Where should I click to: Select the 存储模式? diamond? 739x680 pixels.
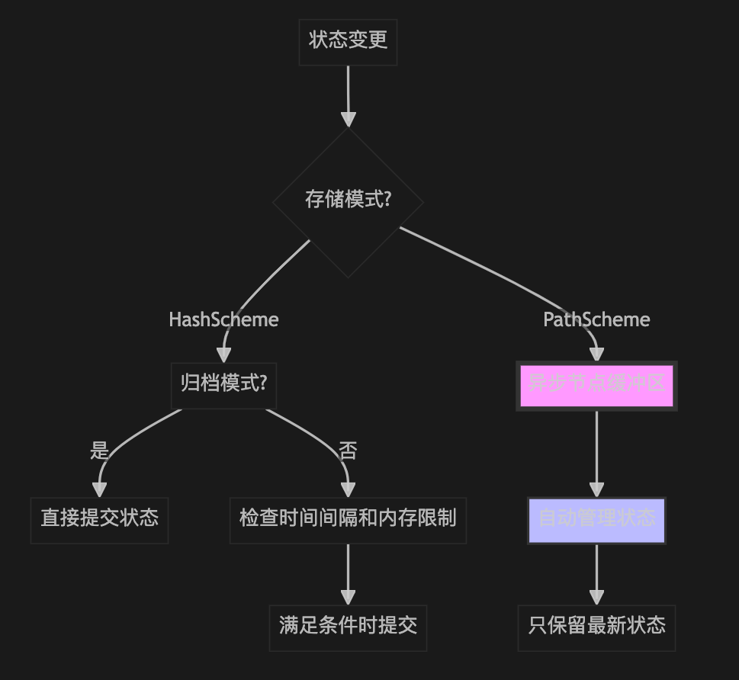click(348, 201)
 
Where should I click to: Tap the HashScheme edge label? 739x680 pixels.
click(223, 319)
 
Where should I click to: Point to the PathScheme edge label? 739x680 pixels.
click(596, 319)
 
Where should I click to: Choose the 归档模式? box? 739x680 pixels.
click(223, 383)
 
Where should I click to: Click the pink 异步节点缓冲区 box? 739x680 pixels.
click(596, 386)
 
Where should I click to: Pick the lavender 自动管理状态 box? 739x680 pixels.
click(596, 520)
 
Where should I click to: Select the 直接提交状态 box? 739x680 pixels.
click(99, 519)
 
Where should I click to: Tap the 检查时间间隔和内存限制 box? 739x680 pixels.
click(348, 519)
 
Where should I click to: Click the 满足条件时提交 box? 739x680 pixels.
click(348, 627)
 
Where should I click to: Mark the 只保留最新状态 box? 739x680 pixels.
click(596, 627)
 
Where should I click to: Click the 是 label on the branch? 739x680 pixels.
click(99, 451)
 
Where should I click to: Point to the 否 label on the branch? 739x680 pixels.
click(348, 451)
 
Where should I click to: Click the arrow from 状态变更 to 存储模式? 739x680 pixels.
click(348, 91)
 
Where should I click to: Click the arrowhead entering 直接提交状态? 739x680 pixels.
click(99, 490)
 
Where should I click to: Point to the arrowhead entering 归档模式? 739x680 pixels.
click(223, 354)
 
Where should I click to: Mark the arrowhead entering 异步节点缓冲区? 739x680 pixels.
click(596, 354)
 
